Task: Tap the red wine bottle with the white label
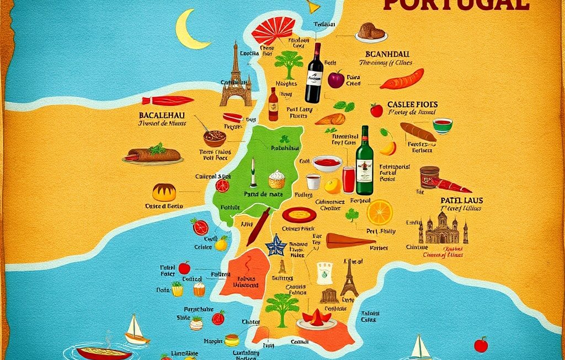[x=314, y=73]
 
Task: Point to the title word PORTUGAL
[x=456, y=4]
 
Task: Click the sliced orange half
[x=380, y=212]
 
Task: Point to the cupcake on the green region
[x=276, y=179]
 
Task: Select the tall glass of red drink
[x=348, y=180]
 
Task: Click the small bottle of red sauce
[x=273, y=104]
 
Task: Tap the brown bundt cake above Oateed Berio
[x=164, y=192]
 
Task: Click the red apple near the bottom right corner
[x=481, y=345]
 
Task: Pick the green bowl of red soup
[x=442, y=125]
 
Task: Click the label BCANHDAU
[x=388, y=54]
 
